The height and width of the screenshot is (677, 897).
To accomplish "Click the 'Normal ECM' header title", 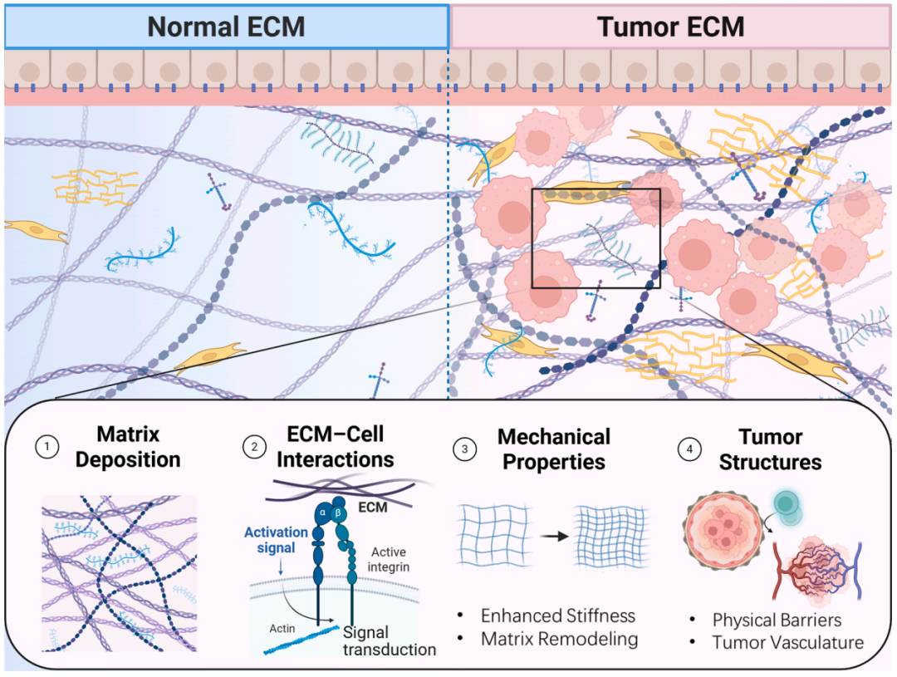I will [226, 27].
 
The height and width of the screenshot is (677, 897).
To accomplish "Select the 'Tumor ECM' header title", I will [670, 27].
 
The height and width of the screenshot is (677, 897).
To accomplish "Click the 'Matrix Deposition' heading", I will [128, 446].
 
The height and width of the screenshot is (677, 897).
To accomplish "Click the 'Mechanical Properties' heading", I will [554, 449].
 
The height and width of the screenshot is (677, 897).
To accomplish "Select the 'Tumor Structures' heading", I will [770, 449].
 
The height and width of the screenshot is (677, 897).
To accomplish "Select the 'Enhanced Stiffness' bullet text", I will [557, 616].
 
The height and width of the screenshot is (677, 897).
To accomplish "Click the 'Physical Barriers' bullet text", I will [777, 620].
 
